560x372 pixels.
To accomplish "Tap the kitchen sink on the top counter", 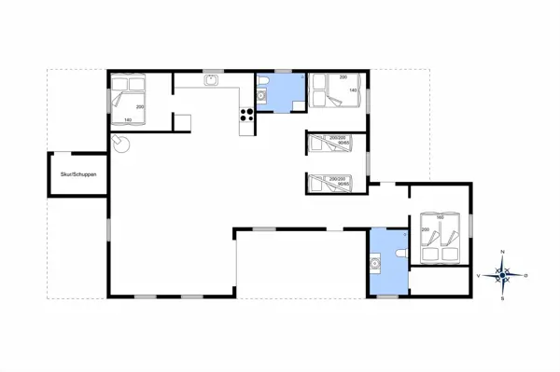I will [x=213, y=80].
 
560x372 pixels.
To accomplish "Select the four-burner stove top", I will [x=248, y=116].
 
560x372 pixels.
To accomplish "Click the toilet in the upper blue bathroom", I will [x=264, y=93].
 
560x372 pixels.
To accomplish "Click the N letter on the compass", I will [x=503, y=252].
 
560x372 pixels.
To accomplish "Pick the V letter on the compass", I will [x=480, y=275].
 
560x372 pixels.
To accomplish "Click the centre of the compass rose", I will [x=503, y=274].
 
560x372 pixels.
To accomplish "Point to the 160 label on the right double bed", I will [x=441, y=217].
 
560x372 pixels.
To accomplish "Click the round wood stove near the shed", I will [x=119, y=142].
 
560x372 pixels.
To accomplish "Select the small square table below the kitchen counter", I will [x=183, y=122].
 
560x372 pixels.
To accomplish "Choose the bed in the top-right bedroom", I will [x=335, y=90].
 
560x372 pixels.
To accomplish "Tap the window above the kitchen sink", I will [x=212, y=71].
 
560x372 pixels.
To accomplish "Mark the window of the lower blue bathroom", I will [x=385, y=296].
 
